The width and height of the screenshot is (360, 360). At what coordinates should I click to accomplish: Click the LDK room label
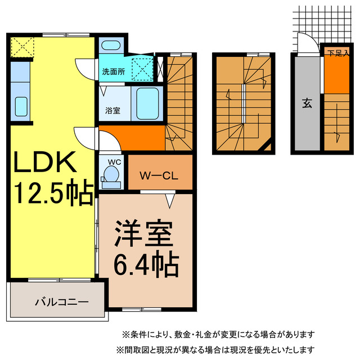(44, 164)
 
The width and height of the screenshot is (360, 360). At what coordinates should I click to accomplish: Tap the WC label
(114, 163)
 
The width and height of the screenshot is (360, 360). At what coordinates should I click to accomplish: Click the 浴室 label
(112, 110)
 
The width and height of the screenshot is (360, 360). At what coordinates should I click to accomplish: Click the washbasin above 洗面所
(111, 47)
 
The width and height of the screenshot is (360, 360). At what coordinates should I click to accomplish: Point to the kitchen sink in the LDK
(21, 105)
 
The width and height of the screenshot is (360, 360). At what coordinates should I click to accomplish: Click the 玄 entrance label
(307, 103)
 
